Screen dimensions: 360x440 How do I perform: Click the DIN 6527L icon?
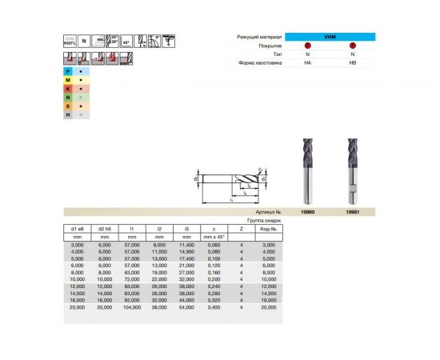point(69,42)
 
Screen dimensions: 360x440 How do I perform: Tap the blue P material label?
point(69,71)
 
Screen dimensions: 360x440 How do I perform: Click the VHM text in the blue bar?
point(330,37)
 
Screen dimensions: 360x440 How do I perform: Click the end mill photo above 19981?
point(353,168)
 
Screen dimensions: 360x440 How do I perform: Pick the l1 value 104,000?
point(134,306)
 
